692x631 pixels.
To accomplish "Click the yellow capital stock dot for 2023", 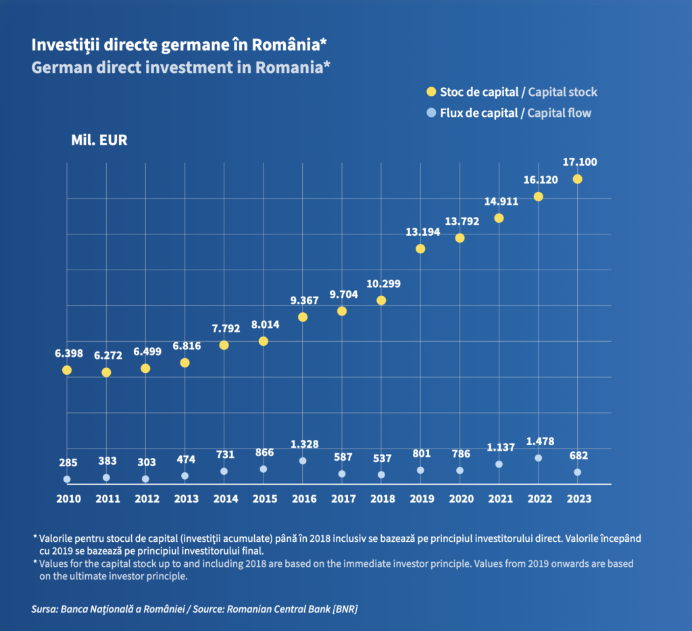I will (577, 179).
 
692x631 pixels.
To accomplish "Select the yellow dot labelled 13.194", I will (420, 249).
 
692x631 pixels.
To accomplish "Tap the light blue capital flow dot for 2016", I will (303, 461).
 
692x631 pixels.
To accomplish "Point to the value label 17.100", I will (579, 162).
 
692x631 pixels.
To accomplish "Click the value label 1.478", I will (540, 441).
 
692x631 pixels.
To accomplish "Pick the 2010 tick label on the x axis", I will (68, 499).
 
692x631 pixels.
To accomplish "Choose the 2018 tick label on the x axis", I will (382, 499).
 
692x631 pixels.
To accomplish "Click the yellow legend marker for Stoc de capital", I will (430, 92).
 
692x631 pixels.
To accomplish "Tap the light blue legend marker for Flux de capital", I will (430, 113).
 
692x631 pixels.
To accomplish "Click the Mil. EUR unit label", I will (99, 141).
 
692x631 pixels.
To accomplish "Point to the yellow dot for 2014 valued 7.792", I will (224, 345).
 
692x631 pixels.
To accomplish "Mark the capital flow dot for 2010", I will (67, 479).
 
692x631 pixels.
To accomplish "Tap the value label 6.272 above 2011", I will (107, 355).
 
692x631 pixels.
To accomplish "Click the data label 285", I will (68, 463).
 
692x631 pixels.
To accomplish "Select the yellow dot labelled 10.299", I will (381, 300).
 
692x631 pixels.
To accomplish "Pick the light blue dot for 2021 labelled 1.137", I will (499, 464).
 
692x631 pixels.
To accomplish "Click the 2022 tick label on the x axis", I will (539, 499).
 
